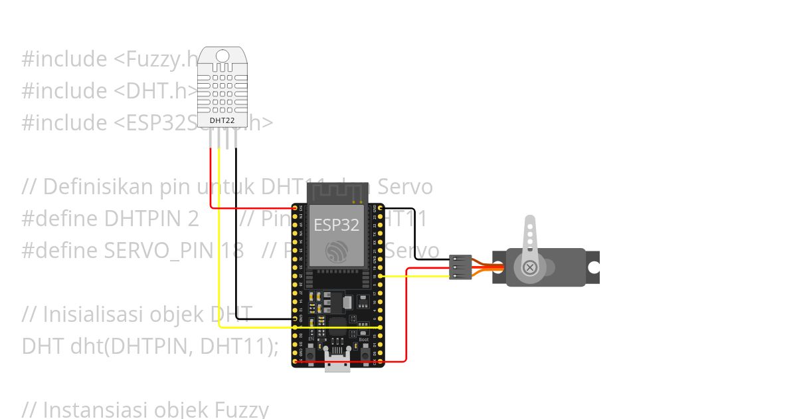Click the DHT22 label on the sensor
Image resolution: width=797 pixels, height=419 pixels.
pyautogui.click(x=222, y=121)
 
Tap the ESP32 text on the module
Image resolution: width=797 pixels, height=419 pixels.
pyautogui.click(x=337, y=225)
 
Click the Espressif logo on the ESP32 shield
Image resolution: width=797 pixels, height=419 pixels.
pyautogui.click(x=337, y=251)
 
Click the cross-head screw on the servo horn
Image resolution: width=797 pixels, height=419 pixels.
pyautogui.click(x=530, y=267)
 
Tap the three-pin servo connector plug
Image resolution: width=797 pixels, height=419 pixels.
pyautogui.click(x=461, y=267)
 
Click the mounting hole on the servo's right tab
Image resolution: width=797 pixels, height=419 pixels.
pyautogui.click(x=593, y=267)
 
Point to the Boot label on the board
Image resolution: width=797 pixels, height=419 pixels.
pyautogui.click(x=364, y=340)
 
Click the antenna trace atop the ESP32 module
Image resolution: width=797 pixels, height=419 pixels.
pyautogui.click(x=337, y=193)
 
